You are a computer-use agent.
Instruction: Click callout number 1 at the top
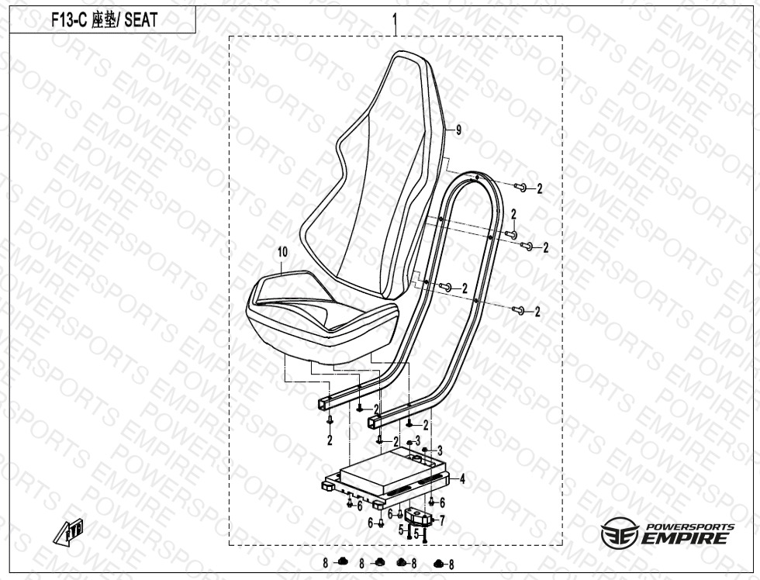click(395, 20)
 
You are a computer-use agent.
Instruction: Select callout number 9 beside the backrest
click(458, 129)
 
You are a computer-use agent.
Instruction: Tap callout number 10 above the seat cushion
click(282, 252)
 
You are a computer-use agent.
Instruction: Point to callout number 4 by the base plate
click(462, 479)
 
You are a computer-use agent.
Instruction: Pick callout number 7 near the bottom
click(441, 521)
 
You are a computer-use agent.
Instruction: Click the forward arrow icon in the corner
click(69, 531)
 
